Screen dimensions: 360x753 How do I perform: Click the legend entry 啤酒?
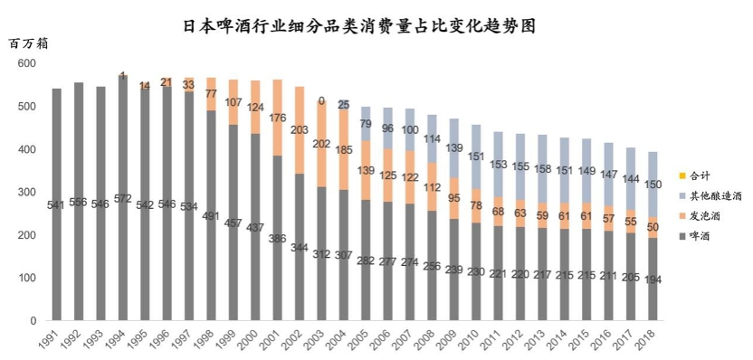pos(698,236)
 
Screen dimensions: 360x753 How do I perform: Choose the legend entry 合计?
pos(698,175)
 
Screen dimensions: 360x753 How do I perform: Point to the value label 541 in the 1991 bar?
pos(57,204)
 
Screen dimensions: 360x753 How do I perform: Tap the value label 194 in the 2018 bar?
pos(653,279)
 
